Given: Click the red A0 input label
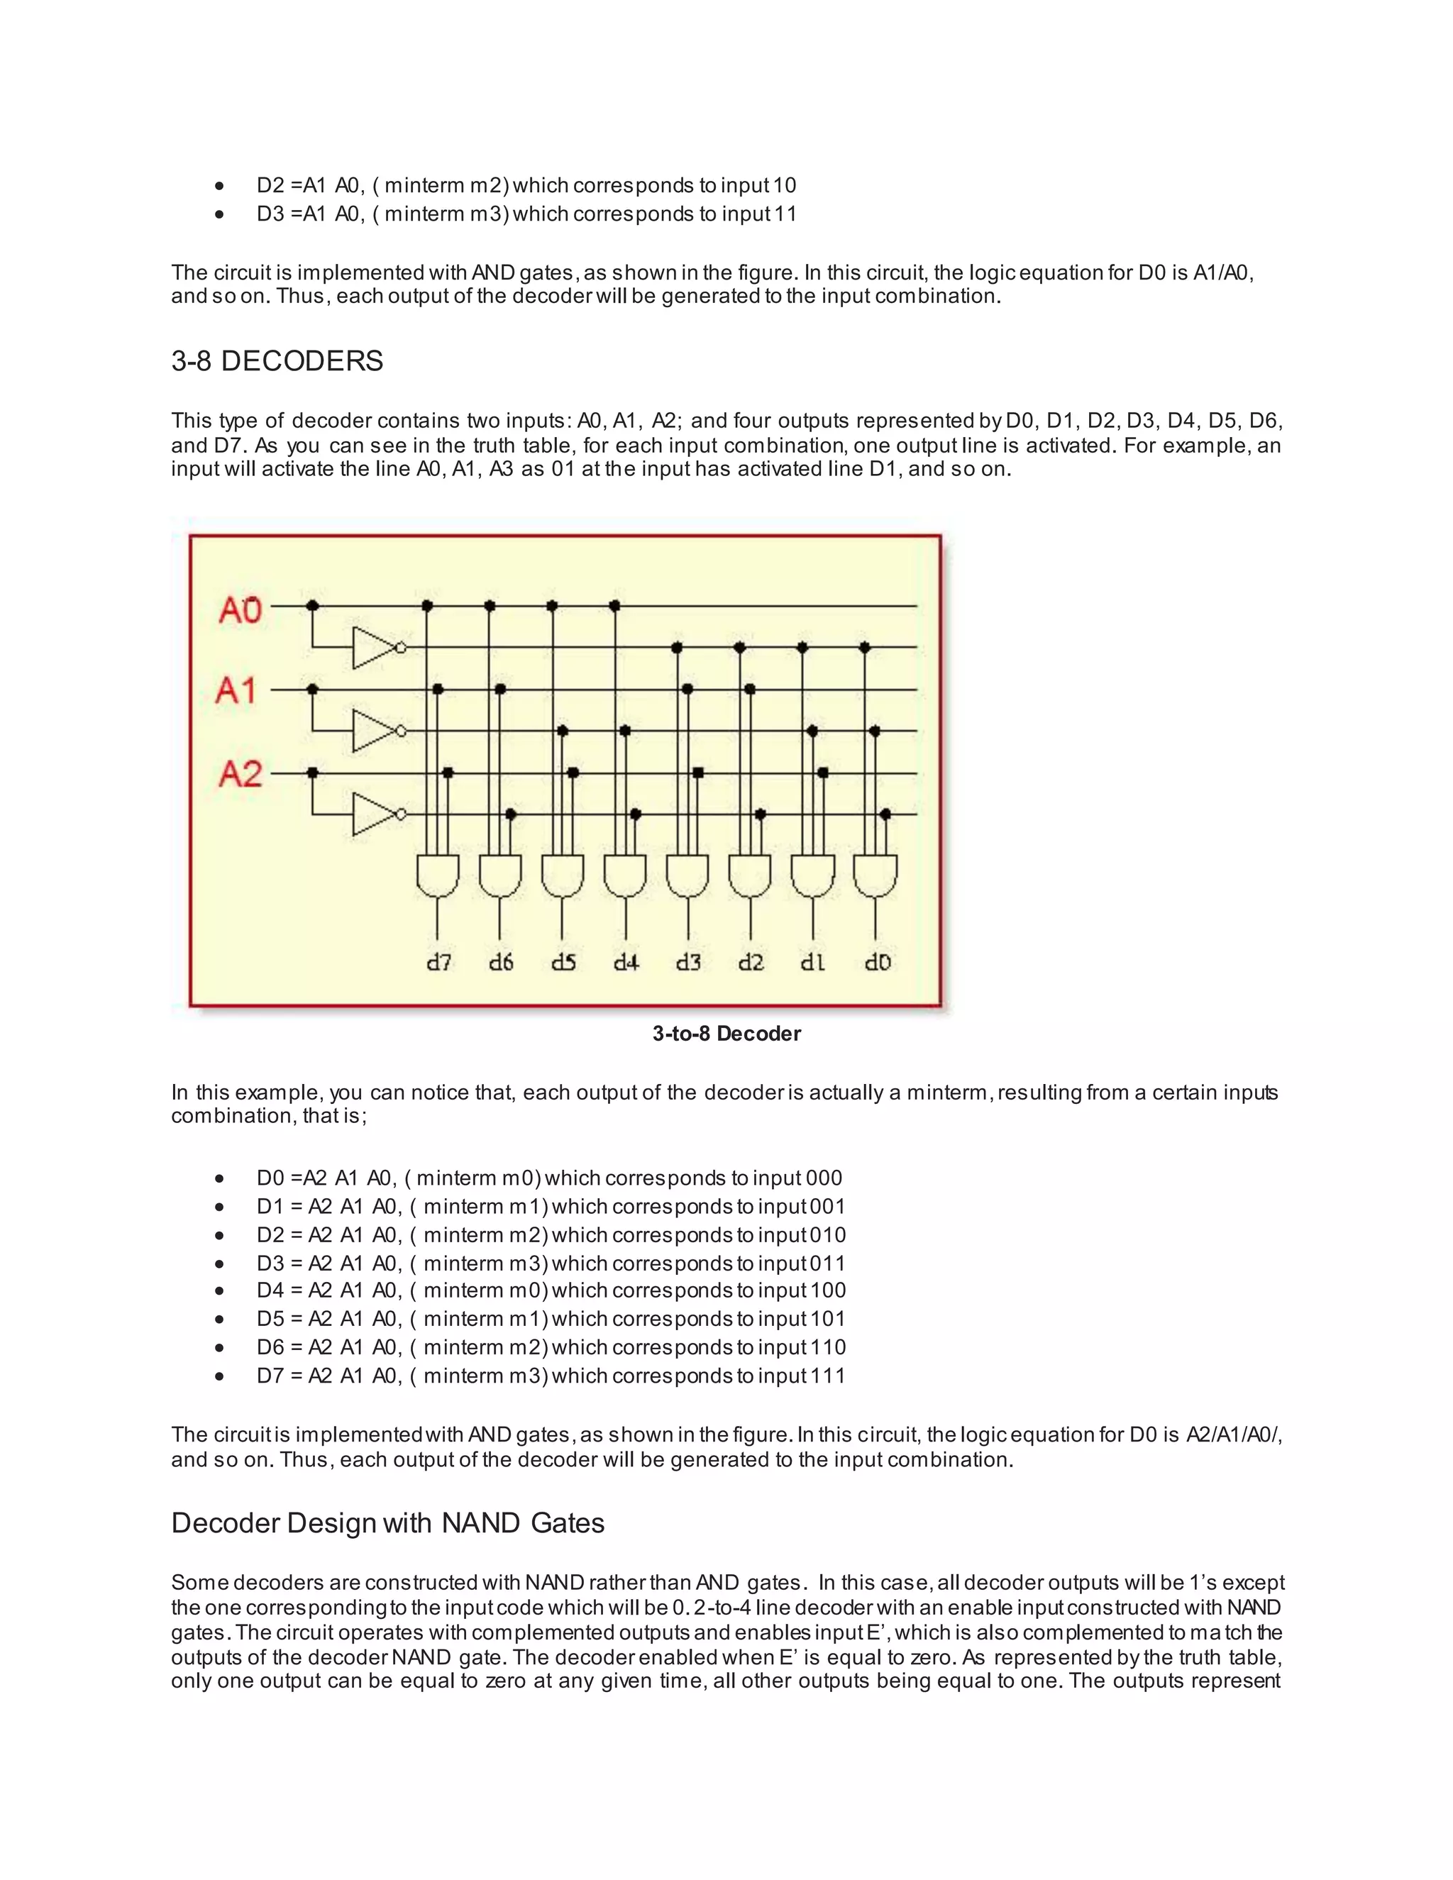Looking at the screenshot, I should coord(241,610).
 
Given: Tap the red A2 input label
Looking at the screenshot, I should coord(241,773).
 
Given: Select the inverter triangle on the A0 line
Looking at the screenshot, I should coord(374,647).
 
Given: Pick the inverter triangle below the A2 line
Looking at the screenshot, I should coord(374,814).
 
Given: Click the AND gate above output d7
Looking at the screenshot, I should coord(437,875).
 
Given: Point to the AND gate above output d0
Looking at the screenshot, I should coord(875,875).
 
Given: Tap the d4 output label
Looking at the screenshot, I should coord(626,963).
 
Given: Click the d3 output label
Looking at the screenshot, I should coord(687,963).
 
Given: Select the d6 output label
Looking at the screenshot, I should coord(500,963).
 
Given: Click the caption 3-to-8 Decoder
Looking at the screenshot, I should coord(726,1034).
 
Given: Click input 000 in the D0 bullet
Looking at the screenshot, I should coord(824,1178).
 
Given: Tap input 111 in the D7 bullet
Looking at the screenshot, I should coord(827,1376).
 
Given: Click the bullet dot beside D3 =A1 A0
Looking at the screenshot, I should coord(221,214).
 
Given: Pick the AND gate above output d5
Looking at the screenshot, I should coord(562,875).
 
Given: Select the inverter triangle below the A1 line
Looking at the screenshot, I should coord(374,731).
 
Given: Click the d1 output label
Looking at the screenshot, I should coord(812,963).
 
